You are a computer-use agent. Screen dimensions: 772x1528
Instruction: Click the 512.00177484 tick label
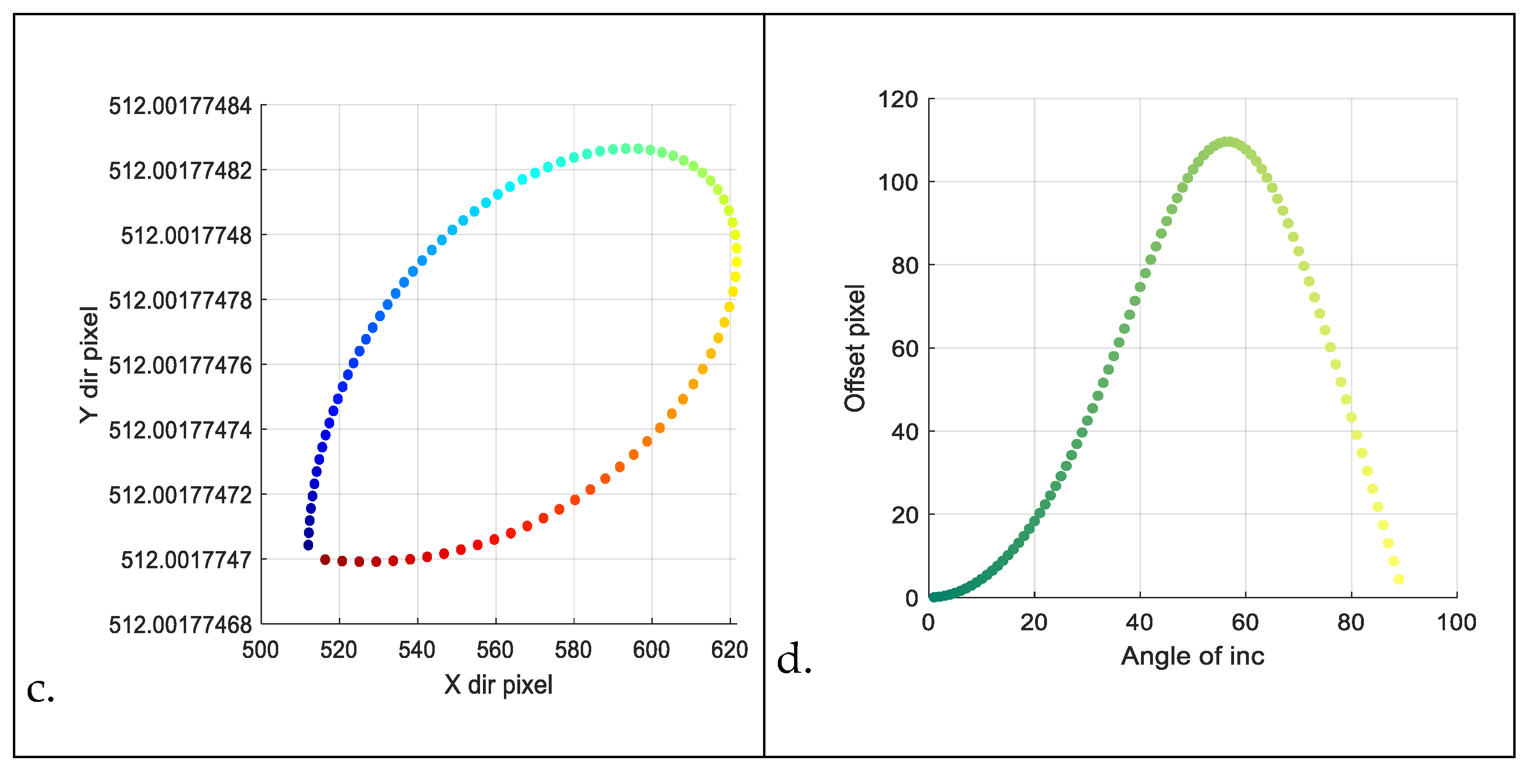180,106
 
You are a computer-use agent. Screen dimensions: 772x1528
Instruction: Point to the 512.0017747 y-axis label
186,560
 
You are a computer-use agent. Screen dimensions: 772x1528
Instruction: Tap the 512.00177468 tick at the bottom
180,625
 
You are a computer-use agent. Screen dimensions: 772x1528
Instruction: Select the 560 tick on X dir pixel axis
495,650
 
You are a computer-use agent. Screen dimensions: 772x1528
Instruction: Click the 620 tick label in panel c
729,650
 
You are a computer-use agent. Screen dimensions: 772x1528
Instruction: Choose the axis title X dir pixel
498,685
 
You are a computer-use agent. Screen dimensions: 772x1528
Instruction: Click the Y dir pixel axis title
89,365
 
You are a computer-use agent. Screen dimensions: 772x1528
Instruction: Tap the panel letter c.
41,689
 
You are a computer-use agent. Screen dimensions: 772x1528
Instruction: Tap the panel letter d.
794,659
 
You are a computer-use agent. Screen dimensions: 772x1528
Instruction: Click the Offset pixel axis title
855,348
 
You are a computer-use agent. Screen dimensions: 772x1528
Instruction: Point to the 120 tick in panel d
898,100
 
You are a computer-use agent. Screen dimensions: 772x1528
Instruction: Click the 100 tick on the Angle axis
1456,623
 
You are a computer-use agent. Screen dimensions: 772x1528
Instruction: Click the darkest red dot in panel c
325,560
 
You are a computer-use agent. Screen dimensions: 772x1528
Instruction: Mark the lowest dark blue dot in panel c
308,545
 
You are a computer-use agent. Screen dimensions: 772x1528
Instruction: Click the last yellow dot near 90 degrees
1399,579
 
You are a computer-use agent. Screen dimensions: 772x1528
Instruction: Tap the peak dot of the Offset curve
1227,142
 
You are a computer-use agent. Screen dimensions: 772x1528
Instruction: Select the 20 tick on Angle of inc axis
1034,623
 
